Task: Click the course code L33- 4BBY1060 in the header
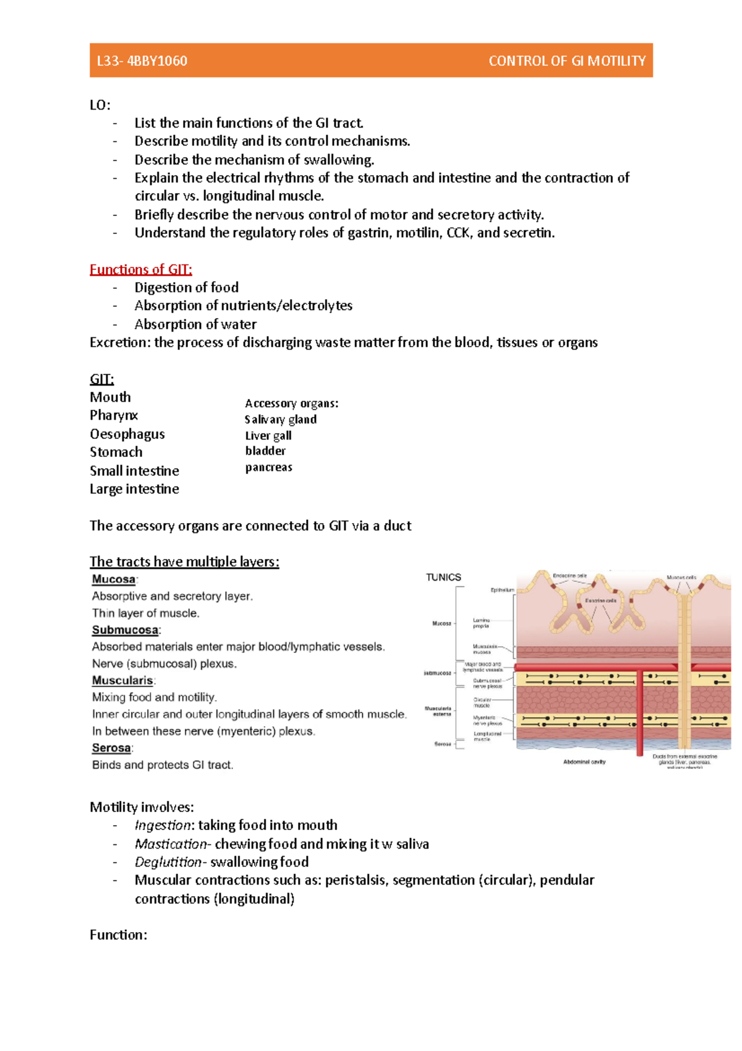[142, 61]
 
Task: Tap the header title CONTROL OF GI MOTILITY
[566, 61]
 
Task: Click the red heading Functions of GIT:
[141, 269]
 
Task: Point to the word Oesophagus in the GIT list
[127, 434]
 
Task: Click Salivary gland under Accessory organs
[280, 420]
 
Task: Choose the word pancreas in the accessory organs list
[268, 467]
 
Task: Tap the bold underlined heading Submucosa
[125, 630]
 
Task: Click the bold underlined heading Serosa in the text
[111, 748]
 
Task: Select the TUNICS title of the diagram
[443, 577]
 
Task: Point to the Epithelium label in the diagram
[502, 590]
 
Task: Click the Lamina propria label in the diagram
[481, 623]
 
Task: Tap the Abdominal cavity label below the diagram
[584, 762]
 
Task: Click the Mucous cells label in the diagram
[681, 577]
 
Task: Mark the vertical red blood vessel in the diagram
[640, 712]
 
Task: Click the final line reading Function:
[118, 935]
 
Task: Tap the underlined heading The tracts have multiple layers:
[184, 561]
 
